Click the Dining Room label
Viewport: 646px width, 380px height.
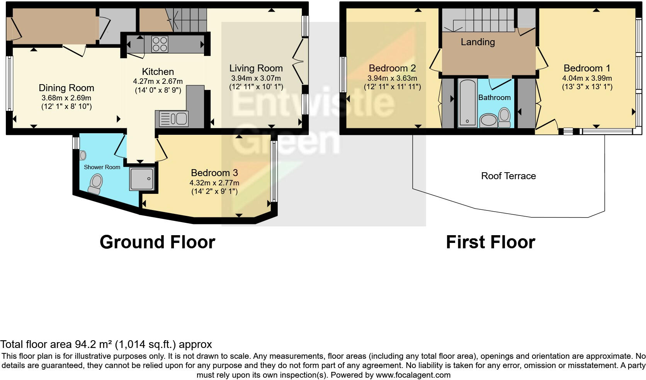pos(66,88)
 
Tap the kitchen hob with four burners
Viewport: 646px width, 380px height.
pos(160,44)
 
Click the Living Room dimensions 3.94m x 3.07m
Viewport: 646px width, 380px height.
pos(256,78)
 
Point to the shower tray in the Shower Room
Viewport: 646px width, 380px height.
pos(142,178)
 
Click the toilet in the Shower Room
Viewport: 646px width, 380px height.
pos(95,183)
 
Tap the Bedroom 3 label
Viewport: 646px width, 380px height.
pos(214,173)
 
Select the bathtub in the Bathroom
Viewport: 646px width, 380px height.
pos(467,103)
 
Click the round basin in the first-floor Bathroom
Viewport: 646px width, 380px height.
pos(488,120)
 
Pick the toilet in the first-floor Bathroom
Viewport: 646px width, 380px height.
pos(504,117)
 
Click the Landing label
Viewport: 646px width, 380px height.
pos(478,42)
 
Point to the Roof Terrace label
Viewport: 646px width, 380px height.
pos(508,176)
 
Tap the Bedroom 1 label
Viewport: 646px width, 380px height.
pos(586,68)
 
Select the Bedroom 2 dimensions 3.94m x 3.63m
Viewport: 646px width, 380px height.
pos(392,78)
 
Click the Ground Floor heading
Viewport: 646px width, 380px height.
pos(157,242)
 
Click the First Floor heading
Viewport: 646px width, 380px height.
pos(490,242)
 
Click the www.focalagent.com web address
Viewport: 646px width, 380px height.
pos(413,375)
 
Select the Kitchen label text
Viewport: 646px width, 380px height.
pos(158,71)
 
